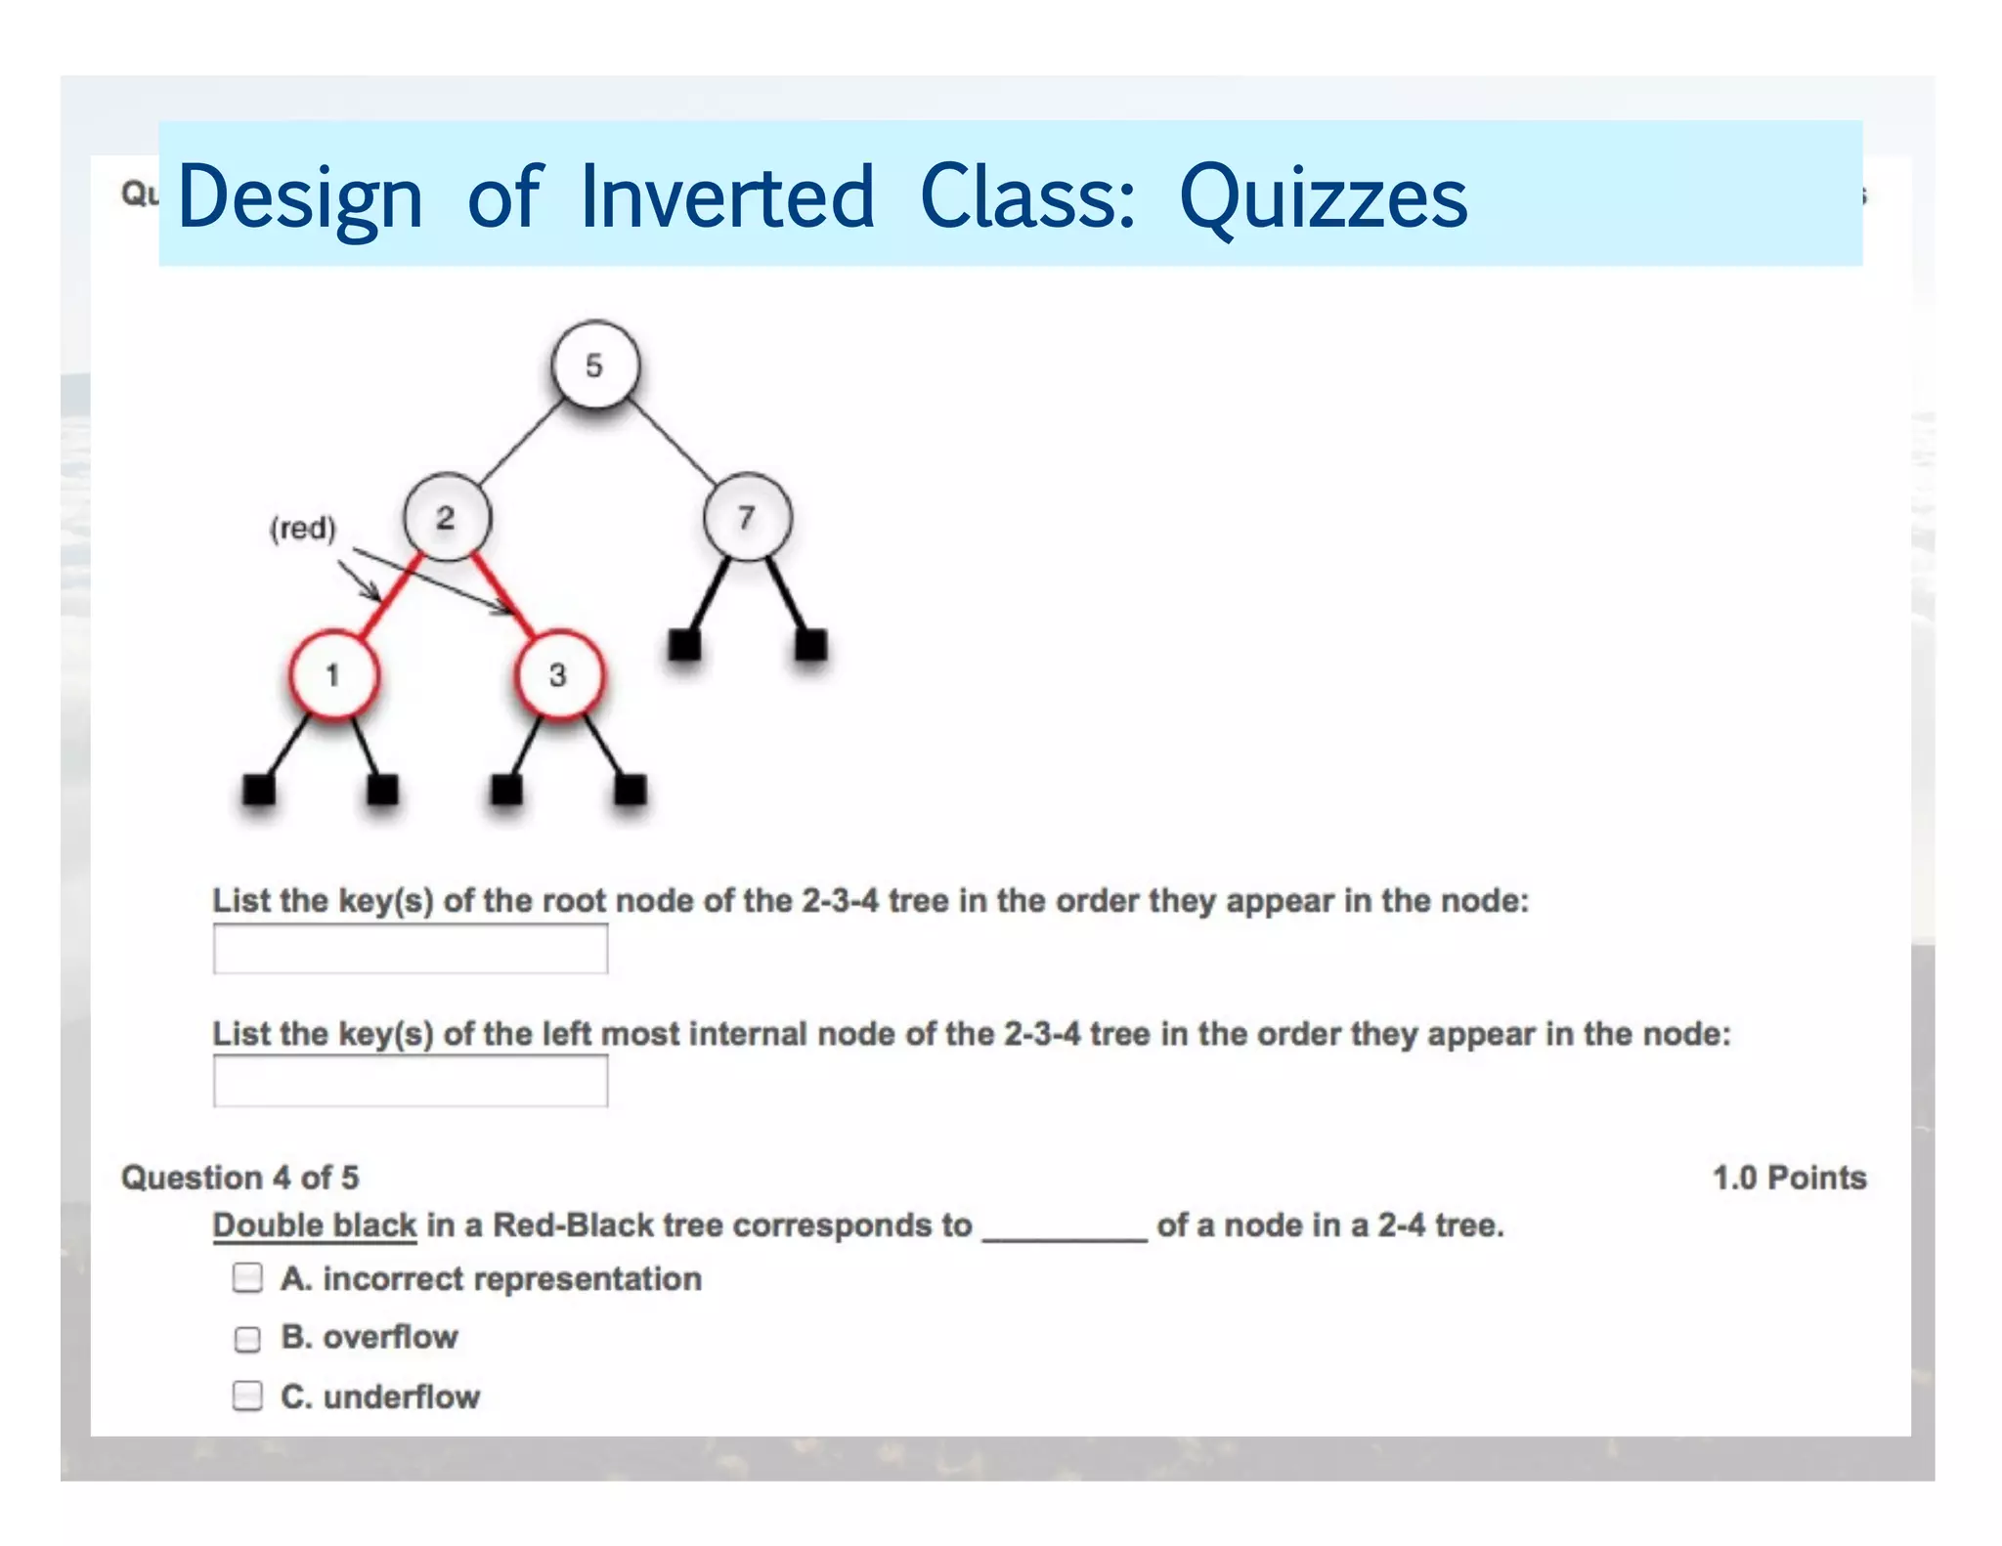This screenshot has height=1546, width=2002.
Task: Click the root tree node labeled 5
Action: click(x=594, y=365)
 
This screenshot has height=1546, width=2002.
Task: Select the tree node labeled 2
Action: click(x=447, y=517)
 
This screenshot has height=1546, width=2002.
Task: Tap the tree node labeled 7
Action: click(x=747, y=517)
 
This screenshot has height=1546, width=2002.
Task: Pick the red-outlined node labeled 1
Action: click(x=333, y=675)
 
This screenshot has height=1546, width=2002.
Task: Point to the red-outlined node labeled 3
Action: click(x=558, y=675)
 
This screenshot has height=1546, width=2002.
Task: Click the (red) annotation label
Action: click(x=303, y=529)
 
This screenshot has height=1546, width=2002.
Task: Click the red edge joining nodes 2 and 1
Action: click(x=391, y=596)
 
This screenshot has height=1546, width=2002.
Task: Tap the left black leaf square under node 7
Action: click(x=684, y=645)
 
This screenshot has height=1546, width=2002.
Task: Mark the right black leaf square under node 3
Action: click(x=631, y=789)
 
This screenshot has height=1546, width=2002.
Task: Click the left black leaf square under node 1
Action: click(x=259, y=789)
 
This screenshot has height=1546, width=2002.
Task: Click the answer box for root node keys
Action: click(x=411, y=949)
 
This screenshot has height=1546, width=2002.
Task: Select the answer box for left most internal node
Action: click(x=411, y=1082)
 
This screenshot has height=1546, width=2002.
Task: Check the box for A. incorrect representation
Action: click(x=248, y=1278)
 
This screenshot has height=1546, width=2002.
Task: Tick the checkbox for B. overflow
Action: click(x=248, y=1338)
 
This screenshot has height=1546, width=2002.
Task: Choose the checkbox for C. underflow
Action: click(x=248, y=1396)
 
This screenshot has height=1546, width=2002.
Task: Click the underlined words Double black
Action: click(x=315, y=1225)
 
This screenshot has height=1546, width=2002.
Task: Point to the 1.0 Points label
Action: click(x=1789, y=1178)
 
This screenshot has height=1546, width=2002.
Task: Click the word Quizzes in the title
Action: click(x=1324, y=198)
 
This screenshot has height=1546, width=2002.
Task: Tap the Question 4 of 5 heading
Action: click(x=240, y=1178)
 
